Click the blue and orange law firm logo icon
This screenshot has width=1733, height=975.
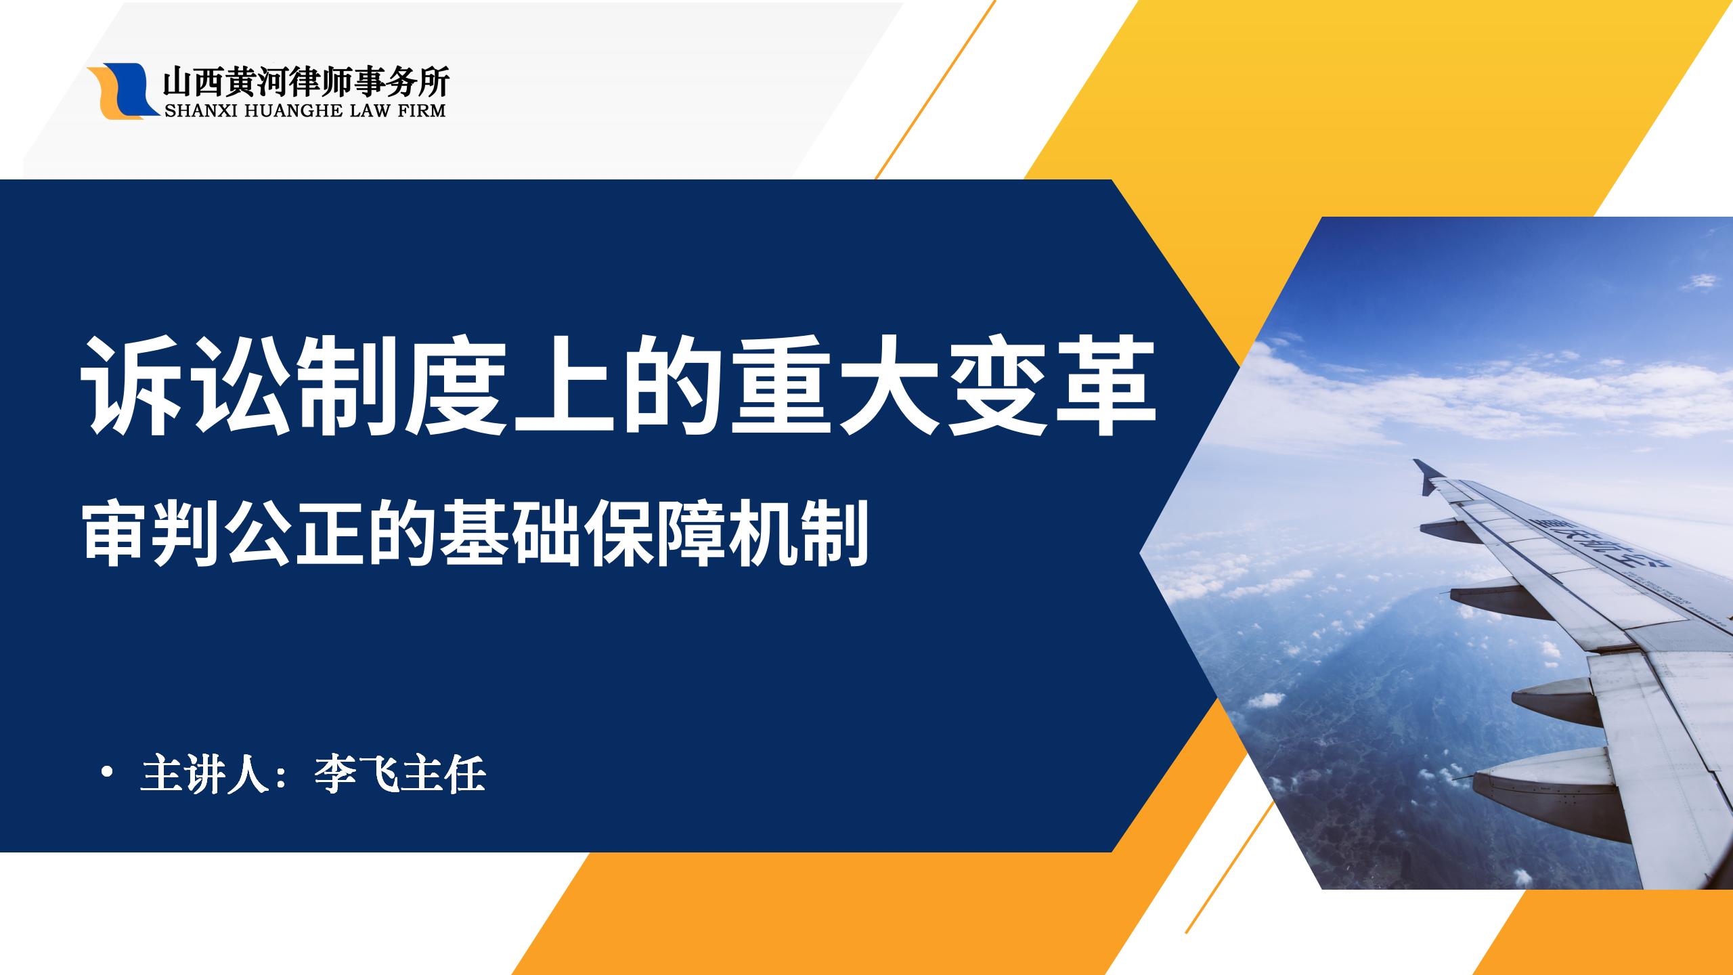123,91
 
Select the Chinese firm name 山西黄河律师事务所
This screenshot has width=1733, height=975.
305,82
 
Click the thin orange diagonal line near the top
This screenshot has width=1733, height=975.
935,89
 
